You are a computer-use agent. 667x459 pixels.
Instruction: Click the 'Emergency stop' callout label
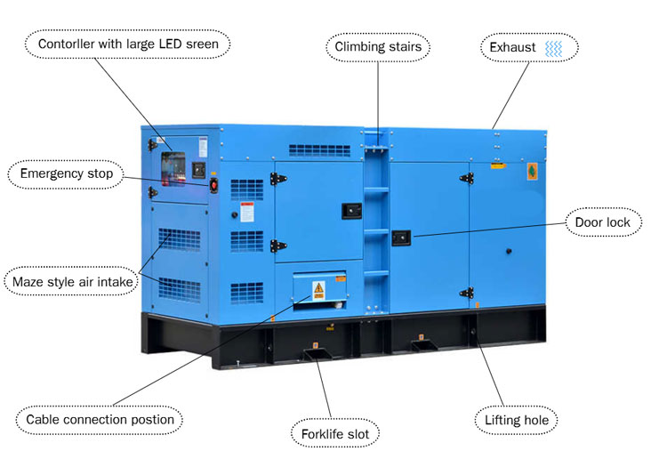click(67, 173)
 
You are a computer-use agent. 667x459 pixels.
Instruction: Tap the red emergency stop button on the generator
click(213, 185)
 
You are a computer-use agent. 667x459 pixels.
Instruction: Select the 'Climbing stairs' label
click(378, 46)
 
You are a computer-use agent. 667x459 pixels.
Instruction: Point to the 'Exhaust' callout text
click(512, 47)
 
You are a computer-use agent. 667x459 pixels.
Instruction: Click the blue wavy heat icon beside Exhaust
click(554, 49)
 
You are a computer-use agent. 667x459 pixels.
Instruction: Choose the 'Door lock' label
click(602, 222)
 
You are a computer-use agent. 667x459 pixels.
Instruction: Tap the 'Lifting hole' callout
click(517, 420)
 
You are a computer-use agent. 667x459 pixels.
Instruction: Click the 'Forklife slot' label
click(335, 434)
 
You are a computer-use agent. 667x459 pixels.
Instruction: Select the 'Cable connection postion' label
click(100, 420)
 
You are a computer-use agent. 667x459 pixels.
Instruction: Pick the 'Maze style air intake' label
click(72, 282)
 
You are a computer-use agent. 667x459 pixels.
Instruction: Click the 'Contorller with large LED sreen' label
click(128, 44)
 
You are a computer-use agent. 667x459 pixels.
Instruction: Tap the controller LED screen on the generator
click(173, 168)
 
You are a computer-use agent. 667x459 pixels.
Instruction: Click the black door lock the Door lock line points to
click(401, 238)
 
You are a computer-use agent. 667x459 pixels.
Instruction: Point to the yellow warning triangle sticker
click(318, 290)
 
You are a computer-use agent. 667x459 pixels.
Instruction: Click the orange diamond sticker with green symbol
click(532, 172)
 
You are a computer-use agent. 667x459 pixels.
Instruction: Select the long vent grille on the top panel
click(319, 150)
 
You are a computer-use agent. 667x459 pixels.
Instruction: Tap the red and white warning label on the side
click(247, 212)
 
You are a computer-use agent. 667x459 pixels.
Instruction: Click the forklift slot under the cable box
click(317, 354)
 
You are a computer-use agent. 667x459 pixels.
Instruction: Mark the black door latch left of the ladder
click(352, 211)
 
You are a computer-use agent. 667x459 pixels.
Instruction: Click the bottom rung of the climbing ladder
click(376, 273)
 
